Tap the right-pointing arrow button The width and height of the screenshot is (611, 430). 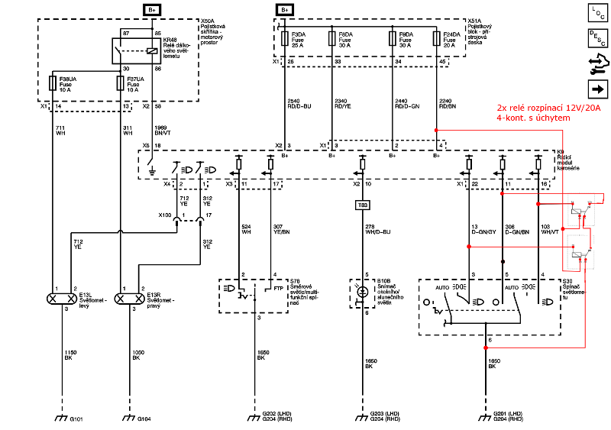coord(593,87)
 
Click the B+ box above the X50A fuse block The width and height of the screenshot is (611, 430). coord(151,9)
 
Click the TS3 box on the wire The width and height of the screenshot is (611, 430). coord(363,205)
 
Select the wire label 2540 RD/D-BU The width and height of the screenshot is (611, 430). coord(299,103)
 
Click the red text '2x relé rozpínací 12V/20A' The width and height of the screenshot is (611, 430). coord(548,108)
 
